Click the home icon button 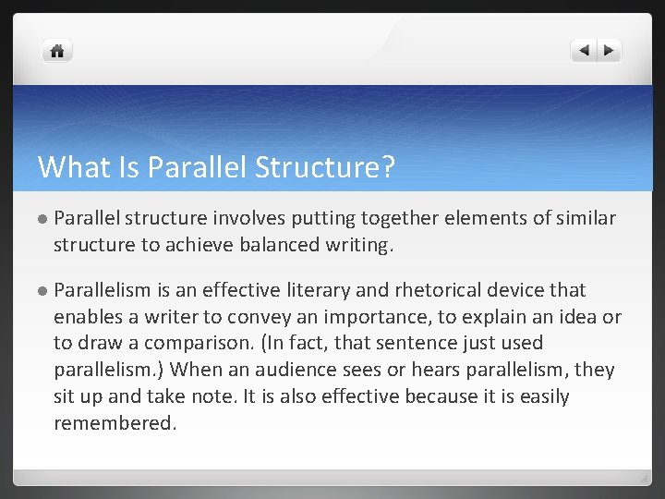(57, 51)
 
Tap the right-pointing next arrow (610, 51)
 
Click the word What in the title (67, 167)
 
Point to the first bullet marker (42, 219)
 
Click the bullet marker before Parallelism (42, 291)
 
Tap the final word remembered (114, 423)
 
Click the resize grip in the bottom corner (643, 479)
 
